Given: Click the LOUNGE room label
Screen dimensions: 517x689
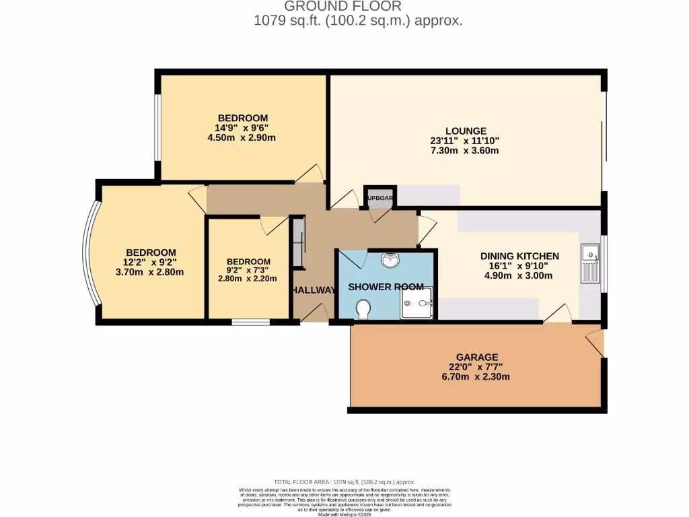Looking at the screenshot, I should pyautogui.click(x=466, y=131).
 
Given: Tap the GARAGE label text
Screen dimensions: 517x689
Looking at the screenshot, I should pyautogui.click(x=476, y=357).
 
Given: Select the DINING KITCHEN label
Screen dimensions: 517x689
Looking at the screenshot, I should pyautogui.click(x=519, y=256).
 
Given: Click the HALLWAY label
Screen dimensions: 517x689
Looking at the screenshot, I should pyautogui.click(x=314, y=290).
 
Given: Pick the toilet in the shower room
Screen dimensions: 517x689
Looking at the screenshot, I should pyautogui.click(x=364, y=309).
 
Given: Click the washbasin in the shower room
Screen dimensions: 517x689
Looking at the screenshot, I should pyautogui.click(x=390, y=259).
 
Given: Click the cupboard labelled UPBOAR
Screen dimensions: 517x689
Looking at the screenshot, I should pyautogui.click(x=380, y=198).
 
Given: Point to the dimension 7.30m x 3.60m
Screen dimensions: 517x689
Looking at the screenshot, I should pyautogui.click(x=466, y=151).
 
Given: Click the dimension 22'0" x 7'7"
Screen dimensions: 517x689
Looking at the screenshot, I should pyautogui.click(x=476, y=367).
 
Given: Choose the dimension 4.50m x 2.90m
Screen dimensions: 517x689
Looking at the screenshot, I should pyautogui.click(x=242, y=137).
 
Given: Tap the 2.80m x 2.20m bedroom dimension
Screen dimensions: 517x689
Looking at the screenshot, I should pyautogui.click(x=248, y=278).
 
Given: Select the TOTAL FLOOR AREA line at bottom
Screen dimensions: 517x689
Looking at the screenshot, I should pyautogui.click(x=344, y=482).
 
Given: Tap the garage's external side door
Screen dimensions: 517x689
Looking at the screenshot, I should pyautogui.click(x=595, y=340).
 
